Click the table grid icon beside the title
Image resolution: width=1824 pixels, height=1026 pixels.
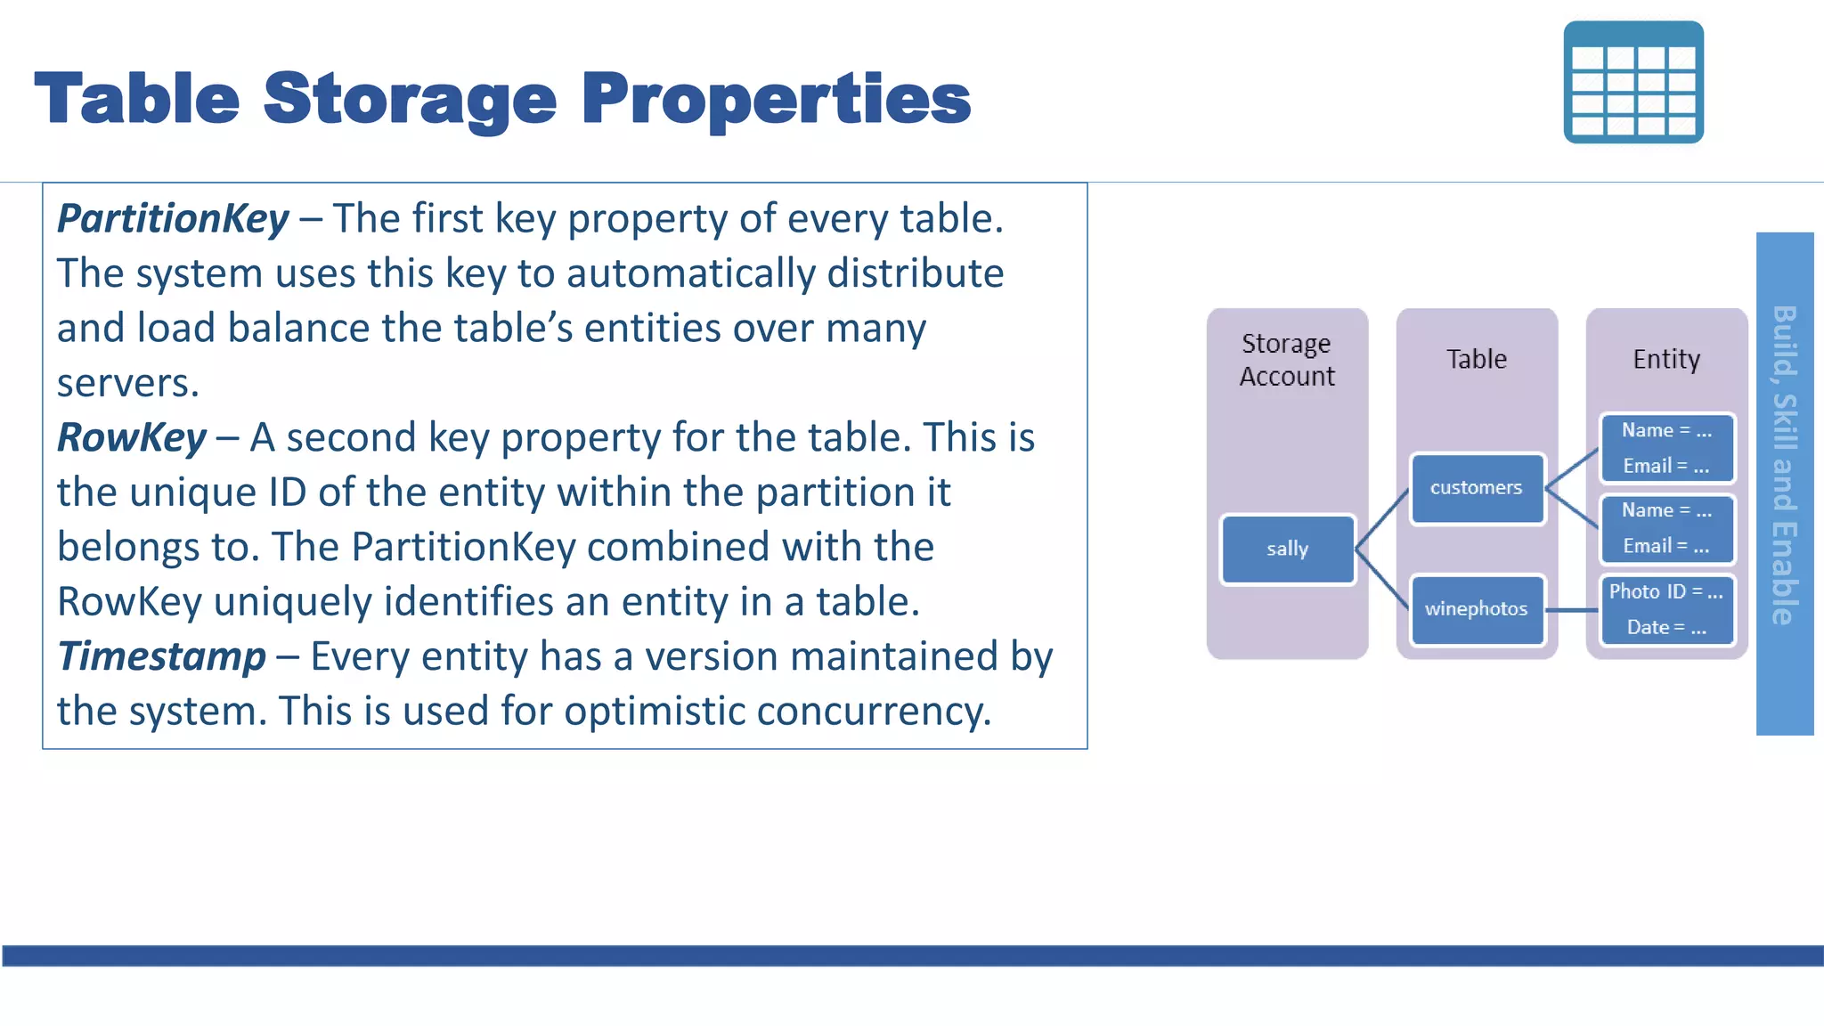tap(1633, 82)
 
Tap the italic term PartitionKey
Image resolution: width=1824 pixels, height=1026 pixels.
tap(173, 219)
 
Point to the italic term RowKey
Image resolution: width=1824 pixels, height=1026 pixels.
tap(132, 438)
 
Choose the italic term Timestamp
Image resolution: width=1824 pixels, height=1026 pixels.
tap(161, 657)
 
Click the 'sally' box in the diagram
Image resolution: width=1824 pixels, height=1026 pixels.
tap(1287, 550)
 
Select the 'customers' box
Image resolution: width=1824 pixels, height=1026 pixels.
tap(1476, 488)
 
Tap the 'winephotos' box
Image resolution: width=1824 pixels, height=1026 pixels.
tap(1476, 609)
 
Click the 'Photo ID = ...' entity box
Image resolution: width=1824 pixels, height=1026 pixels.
tap(1665, 610)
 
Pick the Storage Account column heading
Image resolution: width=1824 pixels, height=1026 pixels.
tap(1287, 360)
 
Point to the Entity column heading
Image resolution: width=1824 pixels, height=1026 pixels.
tap(1665, 359)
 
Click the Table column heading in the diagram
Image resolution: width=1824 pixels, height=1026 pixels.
tap(1476, 359)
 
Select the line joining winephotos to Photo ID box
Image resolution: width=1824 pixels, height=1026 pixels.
tap(1572, 610)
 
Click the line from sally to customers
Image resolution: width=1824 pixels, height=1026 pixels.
tap(1382, 518)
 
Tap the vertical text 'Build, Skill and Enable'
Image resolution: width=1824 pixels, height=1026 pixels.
tap(1784, 465)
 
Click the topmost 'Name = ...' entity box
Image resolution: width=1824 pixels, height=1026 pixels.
tap(1665, 448)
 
